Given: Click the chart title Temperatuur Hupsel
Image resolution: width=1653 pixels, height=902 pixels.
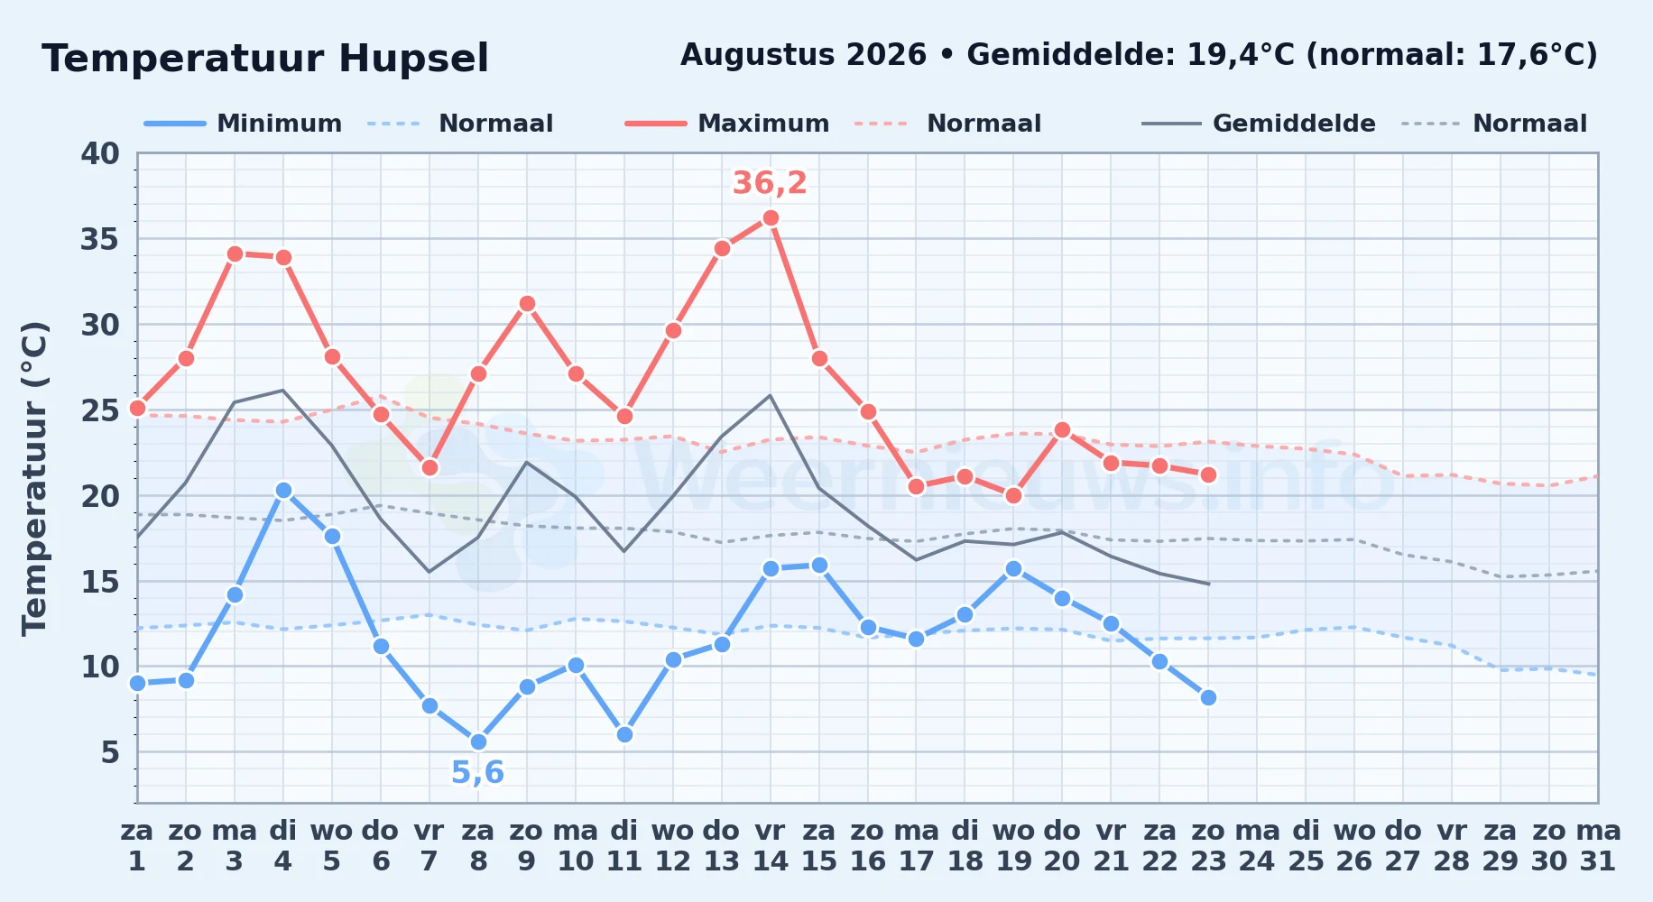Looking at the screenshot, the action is coord(265,59).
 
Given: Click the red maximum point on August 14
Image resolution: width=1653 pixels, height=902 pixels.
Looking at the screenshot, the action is coord(771,218).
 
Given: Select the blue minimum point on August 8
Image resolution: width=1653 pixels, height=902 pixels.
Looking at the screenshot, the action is coord(478,742).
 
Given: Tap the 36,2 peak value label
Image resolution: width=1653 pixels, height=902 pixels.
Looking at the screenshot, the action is coord(770,183).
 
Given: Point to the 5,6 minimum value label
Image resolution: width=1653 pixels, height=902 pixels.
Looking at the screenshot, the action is coord(477,773).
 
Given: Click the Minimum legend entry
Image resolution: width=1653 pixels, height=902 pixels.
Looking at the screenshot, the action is coord(244,124).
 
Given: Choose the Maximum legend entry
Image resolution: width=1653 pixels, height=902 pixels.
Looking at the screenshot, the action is coord(727,124).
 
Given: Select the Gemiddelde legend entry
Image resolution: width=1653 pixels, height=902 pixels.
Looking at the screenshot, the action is coord(1259,124).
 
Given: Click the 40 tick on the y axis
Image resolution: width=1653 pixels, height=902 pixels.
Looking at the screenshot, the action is coord(100,153).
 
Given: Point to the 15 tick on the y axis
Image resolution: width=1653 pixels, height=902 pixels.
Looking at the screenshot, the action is coord(100,582).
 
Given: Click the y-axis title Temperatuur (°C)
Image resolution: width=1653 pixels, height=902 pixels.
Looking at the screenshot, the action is coord(35,478).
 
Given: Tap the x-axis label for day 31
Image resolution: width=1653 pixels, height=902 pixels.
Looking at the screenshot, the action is coord(1598,846).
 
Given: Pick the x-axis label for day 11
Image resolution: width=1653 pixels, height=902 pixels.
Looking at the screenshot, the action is coord(623,846).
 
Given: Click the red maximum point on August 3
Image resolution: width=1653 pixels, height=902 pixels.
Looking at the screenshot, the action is coord(235,254).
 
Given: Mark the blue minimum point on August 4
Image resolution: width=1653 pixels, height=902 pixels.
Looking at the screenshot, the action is coord(283,491).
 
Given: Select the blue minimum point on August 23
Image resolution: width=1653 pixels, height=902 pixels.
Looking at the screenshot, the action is coord(1208,698).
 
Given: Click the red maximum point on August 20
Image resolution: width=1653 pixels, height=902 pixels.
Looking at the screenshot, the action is coord(1062,430).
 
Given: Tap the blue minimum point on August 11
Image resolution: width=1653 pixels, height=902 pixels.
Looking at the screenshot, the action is coord(624,735).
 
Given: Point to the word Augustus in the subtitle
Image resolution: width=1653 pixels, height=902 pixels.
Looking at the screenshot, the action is coord(753,56).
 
